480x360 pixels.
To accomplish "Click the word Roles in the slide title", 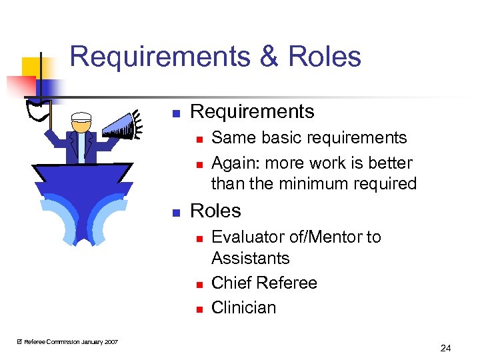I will pyautogui.click(x=325, y=57).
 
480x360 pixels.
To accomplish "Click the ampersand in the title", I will pyautogui.click(x=269, y=57).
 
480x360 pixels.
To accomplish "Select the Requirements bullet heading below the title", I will pyautogui.click(x=252, y=111).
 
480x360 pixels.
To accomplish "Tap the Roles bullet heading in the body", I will pyautogui.click(x=215, y=211).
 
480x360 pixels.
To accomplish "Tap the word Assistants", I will pyautogui.click(x=250, y=258).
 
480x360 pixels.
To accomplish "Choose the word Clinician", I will pyautogui.click(x=243, y=307).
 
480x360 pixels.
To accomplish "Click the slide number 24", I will pyautogui.click(x=445, y=347).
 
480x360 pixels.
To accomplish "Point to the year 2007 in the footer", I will pyautogui.click(x=111, y=342).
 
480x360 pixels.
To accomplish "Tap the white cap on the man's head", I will pyautogui.click(x=81, y=117).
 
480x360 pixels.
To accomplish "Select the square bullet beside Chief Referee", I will pyautogui.click(x=197, y=284).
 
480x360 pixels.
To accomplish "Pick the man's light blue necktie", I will pyautogui.click(x=81, y=146).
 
